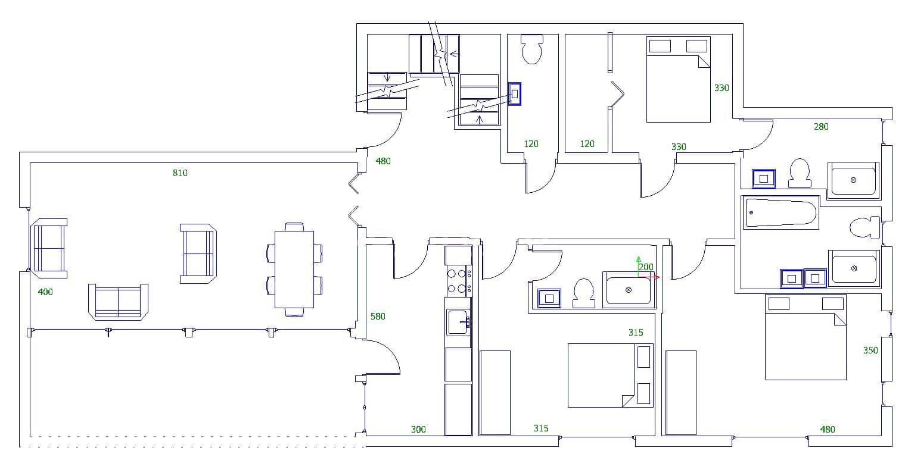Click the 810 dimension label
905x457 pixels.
pyautogui.click(x=180, y=173)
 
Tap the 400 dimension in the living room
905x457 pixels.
pyautogui.click(x=45, y=292)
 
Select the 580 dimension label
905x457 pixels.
pyautogui.click(x=378, y=317)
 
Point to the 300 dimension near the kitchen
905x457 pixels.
pyautogui.click(x=418, y=429)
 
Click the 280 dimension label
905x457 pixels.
pyautogui.click(x=821, y=126)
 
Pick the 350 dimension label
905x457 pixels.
pyautogui.click(x=870, y=350)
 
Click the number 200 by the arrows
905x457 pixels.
pyautogui.click(x=646, y=267)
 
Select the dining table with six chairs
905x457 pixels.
pyautogui.click(x=294, y=269)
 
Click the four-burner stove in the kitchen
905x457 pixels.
pyautogui.click(x=459, y=281)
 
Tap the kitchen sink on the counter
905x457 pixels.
pyautogui.click(x=458, y=322)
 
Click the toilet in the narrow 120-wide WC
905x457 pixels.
pyautogui.click(x=532, y=49)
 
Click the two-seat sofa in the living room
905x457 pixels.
pyautogui.click(x=118, y=302)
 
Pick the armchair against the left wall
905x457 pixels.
pyautogui.click(x=49, y=248)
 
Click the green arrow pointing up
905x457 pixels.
pyautogui.click(x=638, y=260)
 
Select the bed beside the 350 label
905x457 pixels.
pyautogui.click(x=806, y=337)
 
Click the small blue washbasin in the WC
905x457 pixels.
pyautogui.click(x=515, y=94)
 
